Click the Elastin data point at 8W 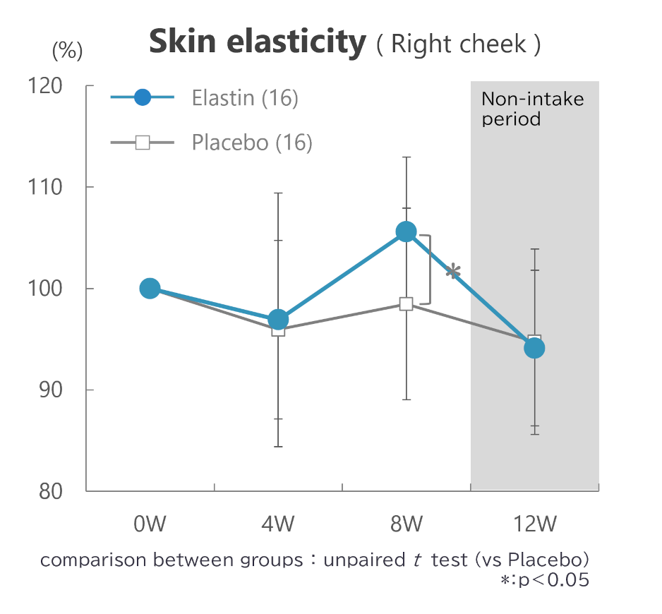(406, 231)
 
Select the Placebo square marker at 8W (406, 304)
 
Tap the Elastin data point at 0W (150, 288)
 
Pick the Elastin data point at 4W (278, 320)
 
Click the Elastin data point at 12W (534, 348)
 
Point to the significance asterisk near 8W (454, 272)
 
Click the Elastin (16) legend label (245, 98)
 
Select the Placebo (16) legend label (252, 143)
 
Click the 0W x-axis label (150, 524)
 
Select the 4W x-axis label (278, 524)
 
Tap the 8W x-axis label (406, 524)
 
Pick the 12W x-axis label (534, 524)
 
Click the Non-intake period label (532, 109)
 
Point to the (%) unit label (68, 50)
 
